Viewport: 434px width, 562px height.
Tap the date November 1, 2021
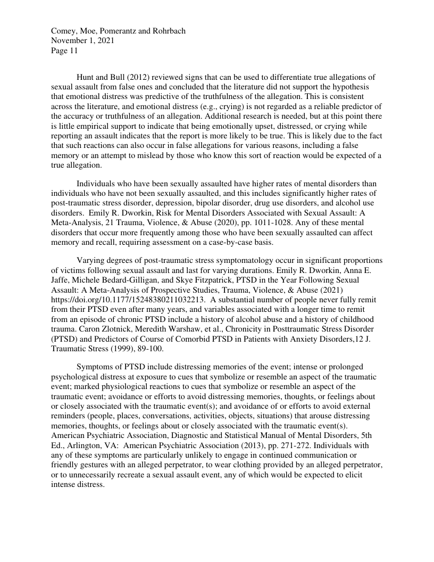pyautogui.click(x=82, y=41)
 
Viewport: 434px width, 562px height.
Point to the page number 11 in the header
pyautogui.click(x=73, y=51)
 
